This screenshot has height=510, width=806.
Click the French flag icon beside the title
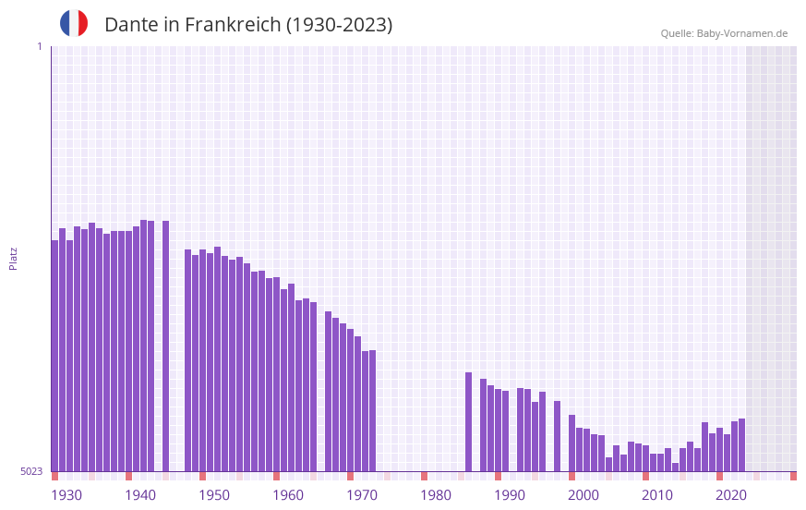[x=74, y=23]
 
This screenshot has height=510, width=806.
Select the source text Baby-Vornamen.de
[x=741, y=33]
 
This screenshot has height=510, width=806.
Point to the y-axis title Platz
[x=13, y=258]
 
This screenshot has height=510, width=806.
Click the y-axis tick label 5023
[x=31, y=471]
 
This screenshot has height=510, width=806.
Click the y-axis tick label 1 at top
[x=39, y=46]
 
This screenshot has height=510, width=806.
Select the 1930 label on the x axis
[x=66, y=495]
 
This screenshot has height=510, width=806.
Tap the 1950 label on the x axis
[x=214, y=495]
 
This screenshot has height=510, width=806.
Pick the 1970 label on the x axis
[x=362, y=495]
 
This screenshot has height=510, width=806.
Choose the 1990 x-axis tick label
[x=510, y=495]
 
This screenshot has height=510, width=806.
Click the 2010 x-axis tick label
[x=657, y=495]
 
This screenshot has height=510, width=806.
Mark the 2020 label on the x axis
[x=731, y=495]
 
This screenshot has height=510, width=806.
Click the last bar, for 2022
[x=742, y=445]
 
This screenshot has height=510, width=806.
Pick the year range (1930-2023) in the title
[x=339, y=25]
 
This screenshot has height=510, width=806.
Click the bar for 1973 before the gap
[x=373, y=411]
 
